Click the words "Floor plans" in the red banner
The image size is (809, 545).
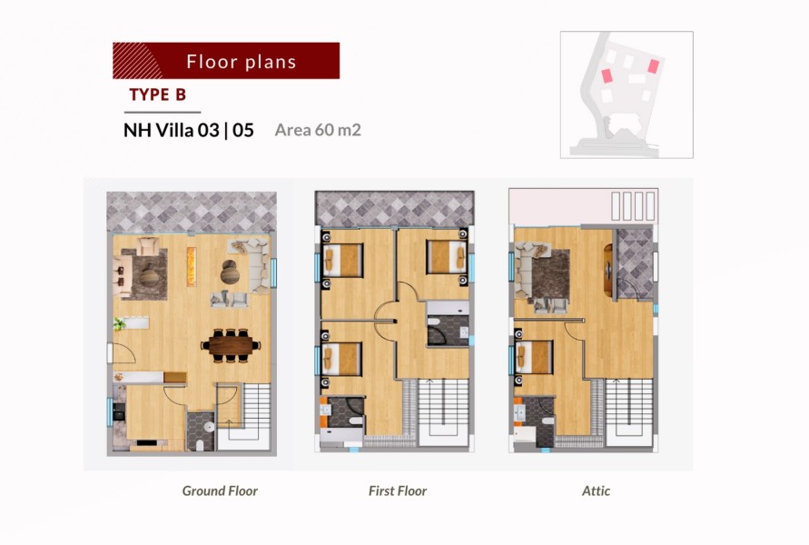click(x=242, y=62)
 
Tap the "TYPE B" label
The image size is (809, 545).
click(x=157, y=95)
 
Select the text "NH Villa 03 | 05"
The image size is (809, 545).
click(x=188, y=130)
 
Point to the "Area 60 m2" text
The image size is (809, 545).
click(x=318, y=130)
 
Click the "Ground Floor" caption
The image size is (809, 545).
click(x=220, y=490)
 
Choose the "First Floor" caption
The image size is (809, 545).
click(x=398, y=490)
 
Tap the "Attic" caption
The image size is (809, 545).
click(x=596, y=490)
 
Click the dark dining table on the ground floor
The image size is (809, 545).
click(x=231, y=345)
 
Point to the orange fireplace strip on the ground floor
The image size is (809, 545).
click(x=192, y=266)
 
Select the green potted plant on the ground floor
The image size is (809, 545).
click(x=120, y=324)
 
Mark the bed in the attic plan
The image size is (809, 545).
click(x=534, y=357)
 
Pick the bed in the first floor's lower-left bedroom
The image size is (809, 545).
click(x=342, y=358)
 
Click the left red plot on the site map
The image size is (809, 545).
click(x=607, y=76)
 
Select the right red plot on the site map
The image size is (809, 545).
click(x=654, y=66)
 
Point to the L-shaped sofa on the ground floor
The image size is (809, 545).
click(x=252, y=264)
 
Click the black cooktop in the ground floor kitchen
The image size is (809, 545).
click(x=119, y=411)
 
